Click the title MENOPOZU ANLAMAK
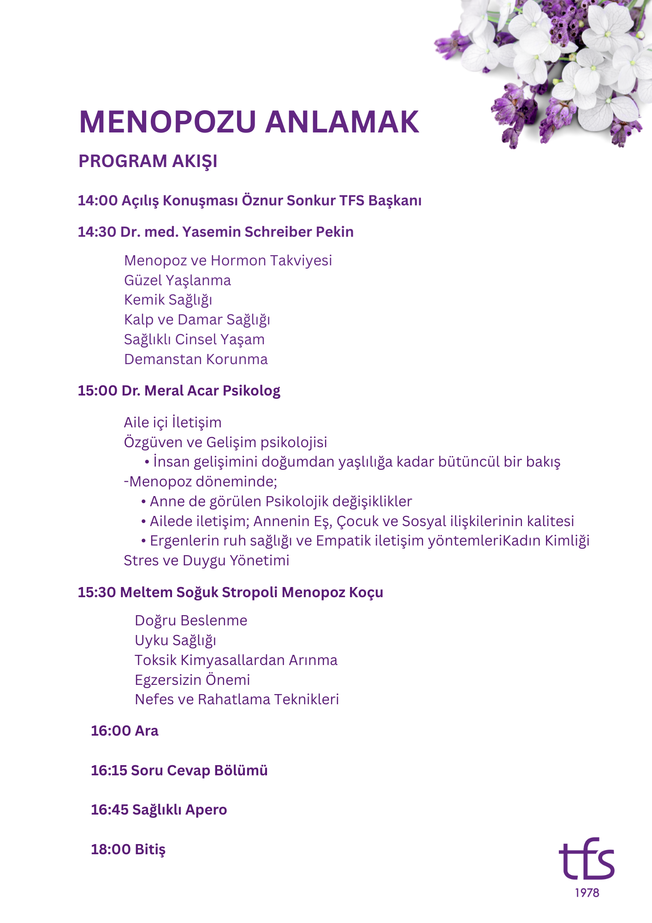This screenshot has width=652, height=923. point(249,122)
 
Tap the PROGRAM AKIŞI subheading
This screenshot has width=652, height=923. point(148,161)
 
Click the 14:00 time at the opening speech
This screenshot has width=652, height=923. point(97,201)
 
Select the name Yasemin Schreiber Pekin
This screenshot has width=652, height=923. point(268,232)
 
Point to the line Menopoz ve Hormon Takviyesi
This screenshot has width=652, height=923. point(228,261)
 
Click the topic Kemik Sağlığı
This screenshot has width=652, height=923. point(168,300)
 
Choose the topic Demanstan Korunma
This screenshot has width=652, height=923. point(196,359)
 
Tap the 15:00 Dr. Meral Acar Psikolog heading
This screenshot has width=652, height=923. point(179,391)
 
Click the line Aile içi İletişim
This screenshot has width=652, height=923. point(172,422)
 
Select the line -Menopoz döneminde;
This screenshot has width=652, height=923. point(200,481)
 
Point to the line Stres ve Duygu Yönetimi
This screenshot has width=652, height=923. point(206,560)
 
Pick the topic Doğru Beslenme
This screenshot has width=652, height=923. point(191,620)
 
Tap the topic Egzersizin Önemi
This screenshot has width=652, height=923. point(192,680)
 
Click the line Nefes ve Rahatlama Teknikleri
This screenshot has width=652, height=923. point(237,699)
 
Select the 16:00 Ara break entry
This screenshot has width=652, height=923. point(124,731)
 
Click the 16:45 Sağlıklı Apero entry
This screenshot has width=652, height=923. point(159,809)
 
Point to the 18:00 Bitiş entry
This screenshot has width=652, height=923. point(128,849)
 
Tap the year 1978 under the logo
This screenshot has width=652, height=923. point(587,893)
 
